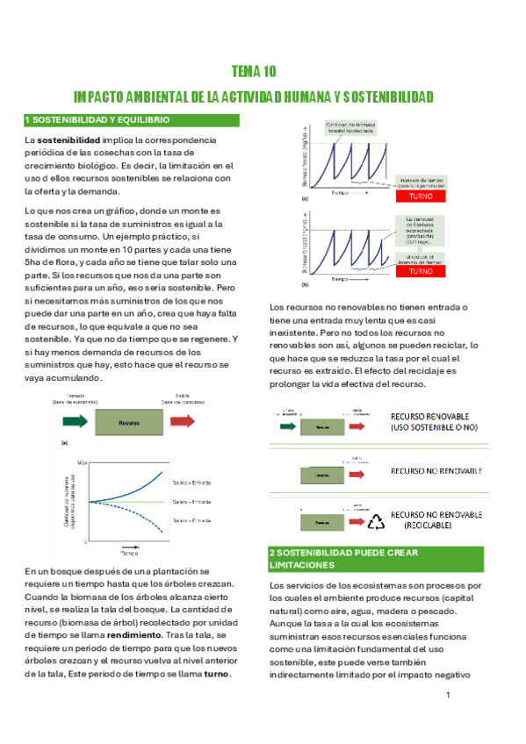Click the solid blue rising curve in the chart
[x=149, y=482]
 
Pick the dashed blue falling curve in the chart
[x=149, y=523]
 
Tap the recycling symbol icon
[x=376, y=521]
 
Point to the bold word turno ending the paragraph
[x=216, y=674]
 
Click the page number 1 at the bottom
[x=448, y=696]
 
